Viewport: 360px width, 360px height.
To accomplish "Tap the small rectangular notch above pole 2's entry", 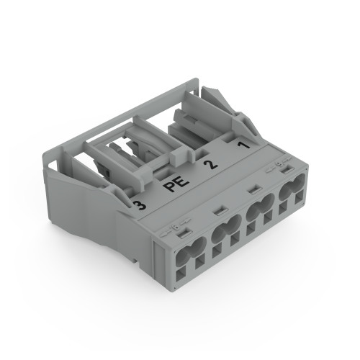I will pyautogui.click(x=254, y=191).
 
